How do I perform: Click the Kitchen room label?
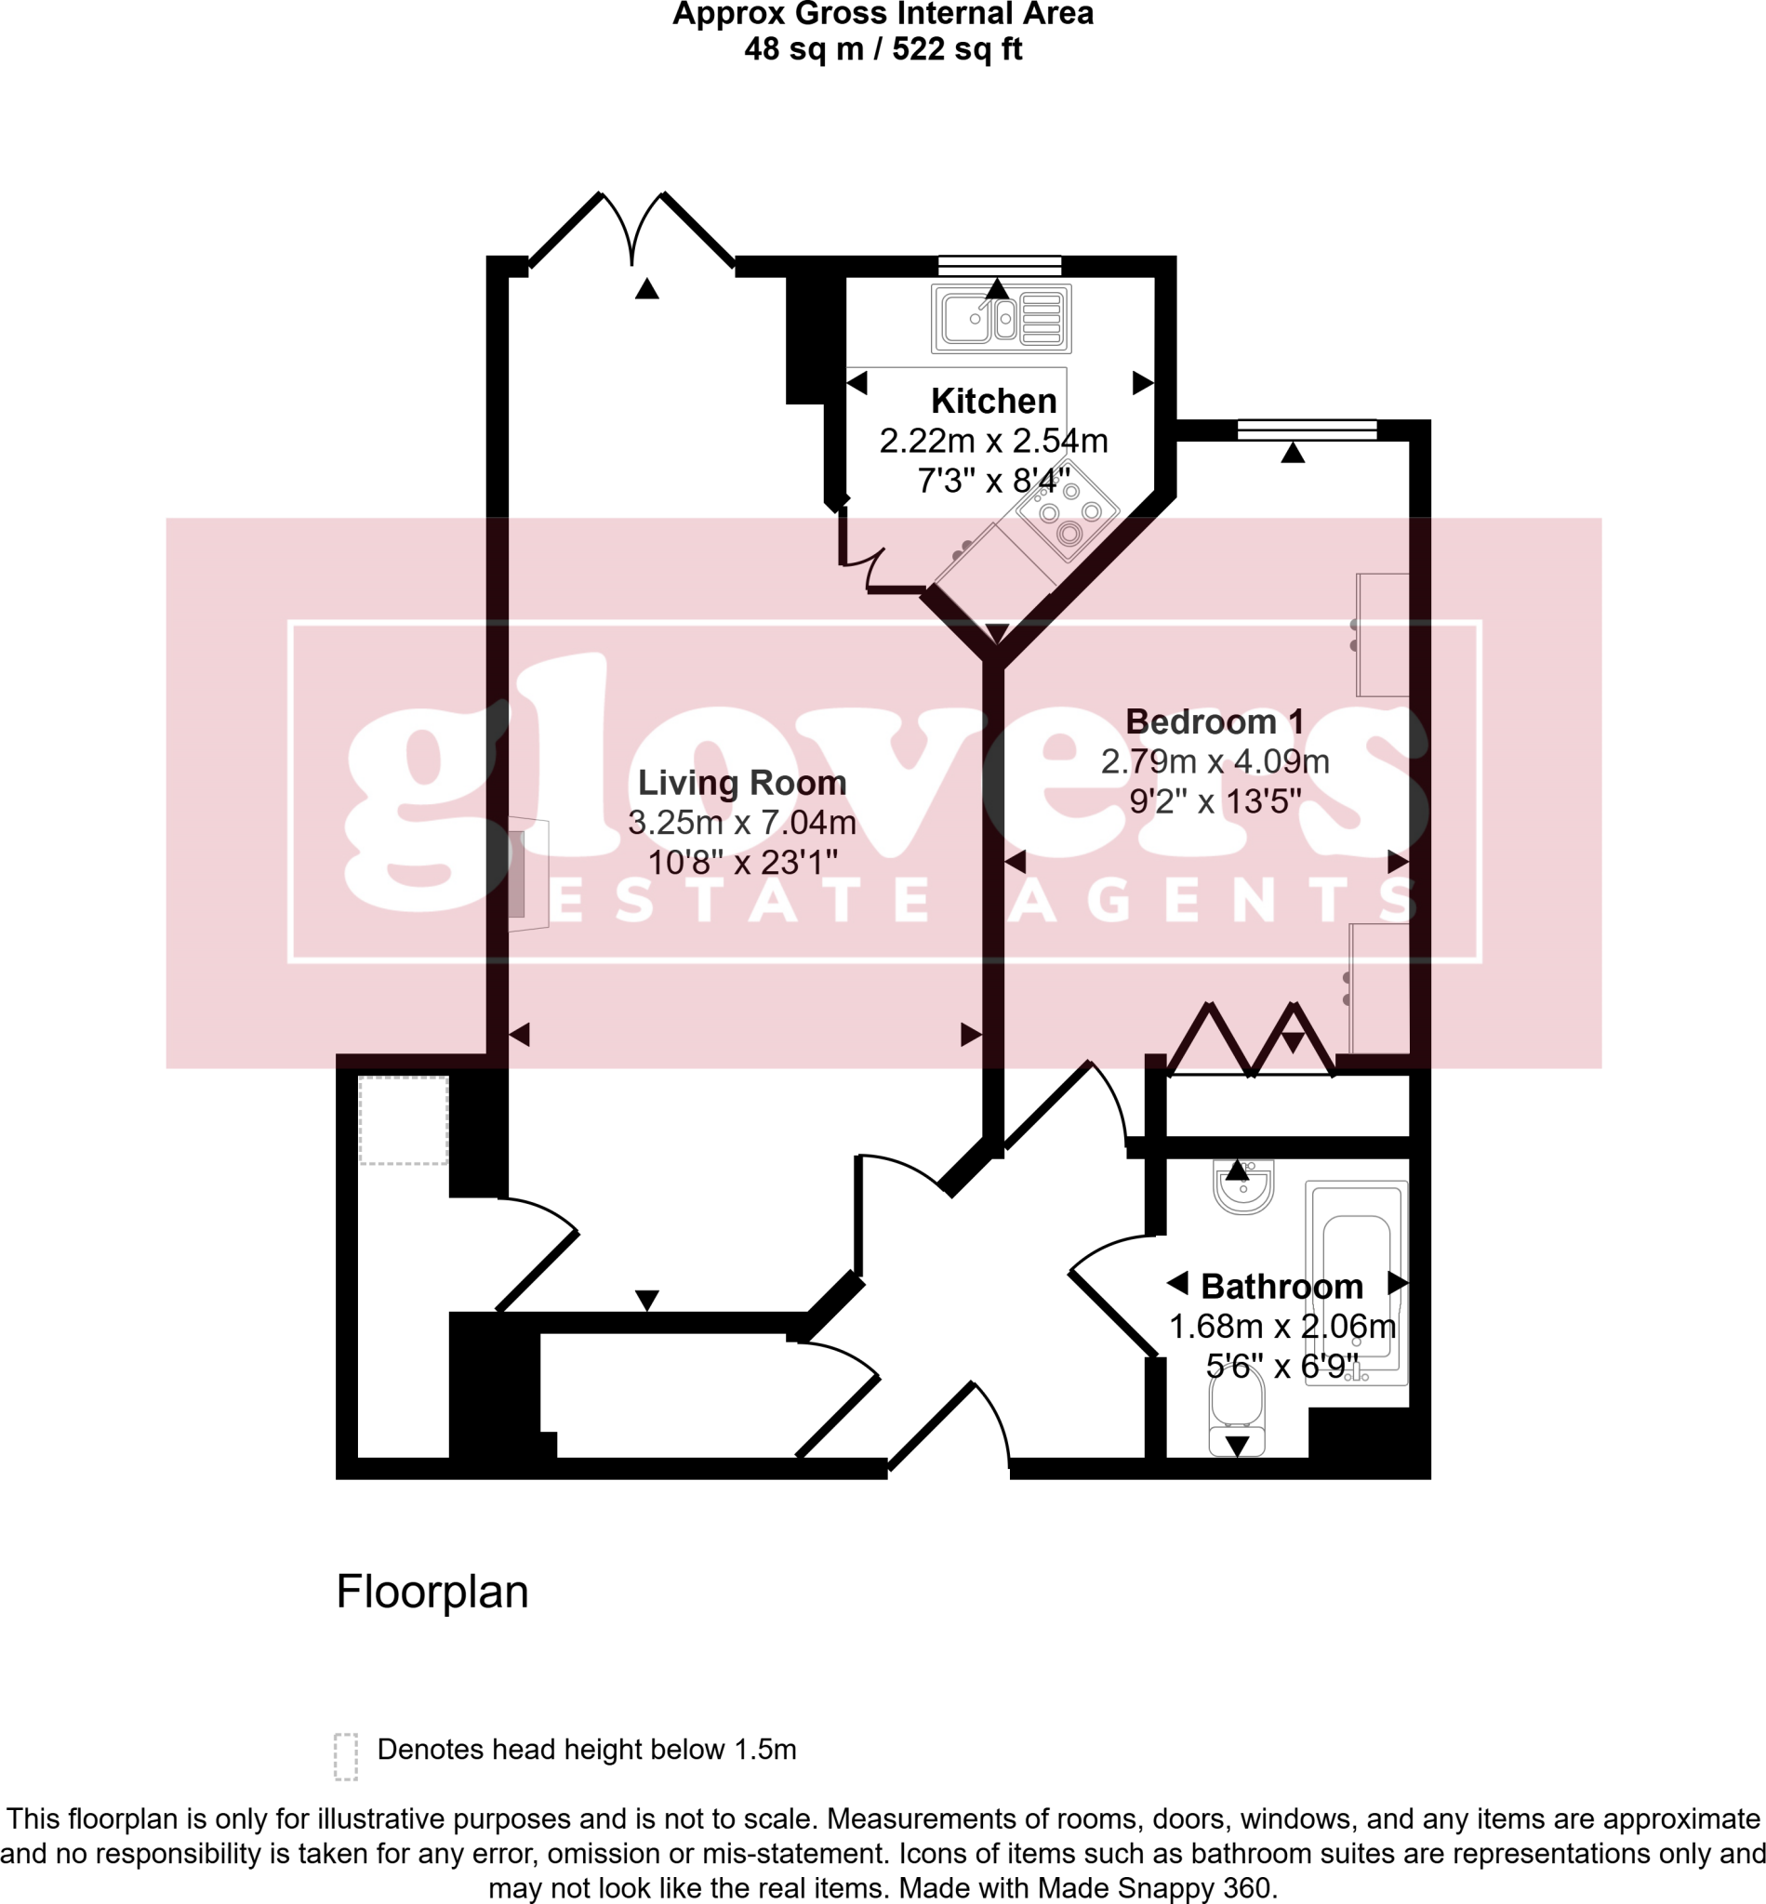(x=993, y=401)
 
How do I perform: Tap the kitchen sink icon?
(x=1001, y=318)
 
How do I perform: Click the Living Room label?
(x=741, y=783)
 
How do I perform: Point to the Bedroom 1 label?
(x=1215, y=721)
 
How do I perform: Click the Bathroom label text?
(x=1281, y=1286)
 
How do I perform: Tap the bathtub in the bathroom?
(x=1356, y=1283)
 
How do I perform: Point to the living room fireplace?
(x=526, y=874)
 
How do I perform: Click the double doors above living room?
(x=631, y=230)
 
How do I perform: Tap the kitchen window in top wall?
(x=1000, y=266)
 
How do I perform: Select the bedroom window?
(x=1307, y=430)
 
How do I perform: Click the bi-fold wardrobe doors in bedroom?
(x=1251, y=1039)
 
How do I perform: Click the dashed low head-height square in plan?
(x=404, y=1119)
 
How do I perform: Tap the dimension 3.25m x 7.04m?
(x=741, y=823)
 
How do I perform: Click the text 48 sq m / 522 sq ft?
(x=883, y=48)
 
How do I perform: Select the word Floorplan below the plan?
(x=432, y=1592)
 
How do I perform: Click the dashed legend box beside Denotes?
(x=346, y=1756)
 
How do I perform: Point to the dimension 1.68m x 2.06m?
(x=1281, y=1326)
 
